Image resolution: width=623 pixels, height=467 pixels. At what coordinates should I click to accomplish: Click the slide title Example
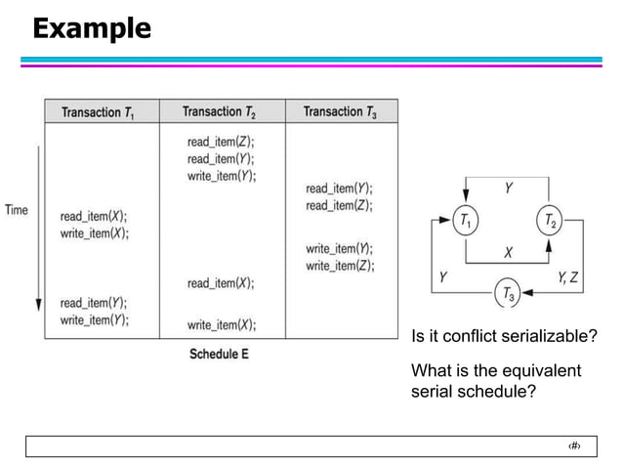click(92, 28)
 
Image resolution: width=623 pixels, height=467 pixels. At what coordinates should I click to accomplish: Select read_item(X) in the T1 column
click(94, 216)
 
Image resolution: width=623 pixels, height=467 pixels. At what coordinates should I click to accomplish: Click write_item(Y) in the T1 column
click(94, 319)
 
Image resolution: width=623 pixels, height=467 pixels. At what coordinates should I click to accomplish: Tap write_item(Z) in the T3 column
click(340, 266)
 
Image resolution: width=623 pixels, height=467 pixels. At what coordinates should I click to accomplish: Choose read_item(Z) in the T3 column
click(340, 205)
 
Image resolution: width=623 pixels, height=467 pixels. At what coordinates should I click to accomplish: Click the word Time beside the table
click(17, 210)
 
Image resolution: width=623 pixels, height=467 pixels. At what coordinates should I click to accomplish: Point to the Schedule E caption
click(219, 354)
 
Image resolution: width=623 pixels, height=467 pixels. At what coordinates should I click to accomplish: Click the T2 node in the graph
click(550, 222)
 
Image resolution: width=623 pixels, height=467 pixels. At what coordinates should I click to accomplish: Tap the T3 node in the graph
click(509, 292)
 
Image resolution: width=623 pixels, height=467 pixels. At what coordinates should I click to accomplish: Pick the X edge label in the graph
click(509, 251)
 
